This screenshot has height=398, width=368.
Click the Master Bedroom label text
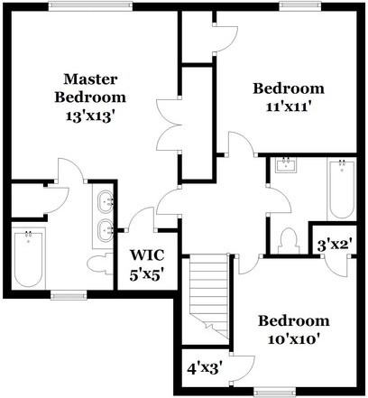(89, 87)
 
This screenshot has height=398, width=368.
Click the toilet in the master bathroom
(97, 263)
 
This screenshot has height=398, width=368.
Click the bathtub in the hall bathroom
(342, 190)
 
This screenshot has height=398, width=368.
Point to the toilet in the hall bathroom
(289, 241)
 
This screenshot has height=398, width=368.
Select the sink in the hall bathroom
(287, 166)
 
